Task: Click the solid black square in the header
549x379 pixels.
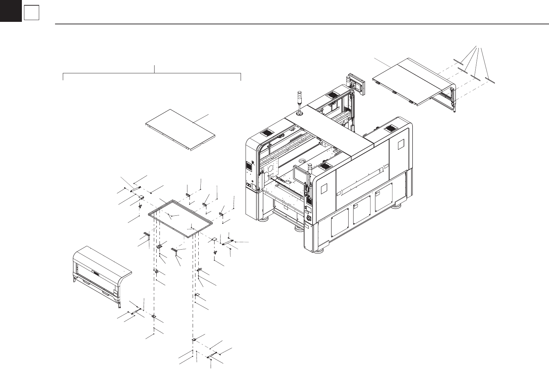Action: click(11, 11)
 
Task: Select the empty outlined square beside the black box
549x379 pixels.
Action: click(31, 13)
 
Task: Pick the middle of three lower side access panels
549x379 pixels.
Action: click(362, 213)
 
